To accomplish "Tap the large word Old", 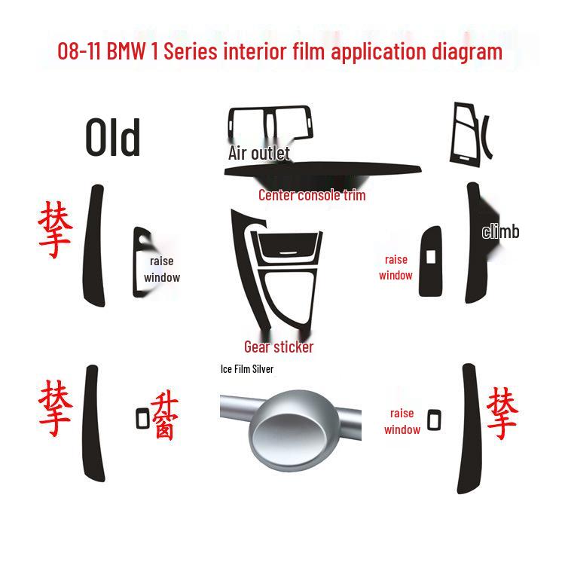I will [x=113, y=138].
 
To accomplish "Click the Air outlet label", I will [x=258, y=153].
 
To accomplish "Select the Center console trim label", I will [x=312, y=195].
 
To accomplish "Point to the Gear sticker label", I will [x=279, y=347].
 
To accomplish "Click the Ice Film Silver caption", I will [x=246, y=369].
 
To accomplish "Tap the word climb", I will [x=501, y=231].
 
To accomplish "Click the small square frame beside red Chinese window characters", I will [x=142, y=417].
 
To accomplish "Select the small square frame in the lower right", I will [x=434, y=420].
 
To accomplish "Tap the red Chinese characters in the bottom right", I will [x=502, y=413].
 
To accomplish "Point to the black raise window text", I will [x=162, y=269].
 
